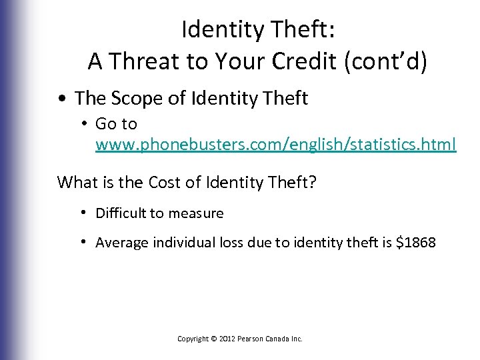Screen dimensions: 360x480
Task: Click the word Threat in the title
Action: tap(141, 61)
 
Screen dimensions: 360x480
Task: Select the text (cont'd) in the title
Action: tap(389, 61)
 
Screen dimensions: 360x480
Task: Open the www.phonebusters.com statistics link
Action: tap(276, 143)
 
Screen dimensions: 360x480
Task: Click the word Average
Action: tap(121, 243)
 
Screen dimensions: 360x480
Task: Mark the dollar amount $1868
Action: tap(416, 243)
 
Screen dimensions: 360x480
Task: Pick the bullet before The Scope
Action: tap(61, 99)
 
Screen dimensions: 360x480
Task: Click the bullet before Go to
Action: tap(86, 124)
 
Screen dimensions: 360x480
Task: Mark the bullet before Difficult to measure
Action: tap(86, 213)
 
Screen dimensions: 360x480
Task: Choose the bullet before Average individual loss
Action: tap(86, 243)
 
